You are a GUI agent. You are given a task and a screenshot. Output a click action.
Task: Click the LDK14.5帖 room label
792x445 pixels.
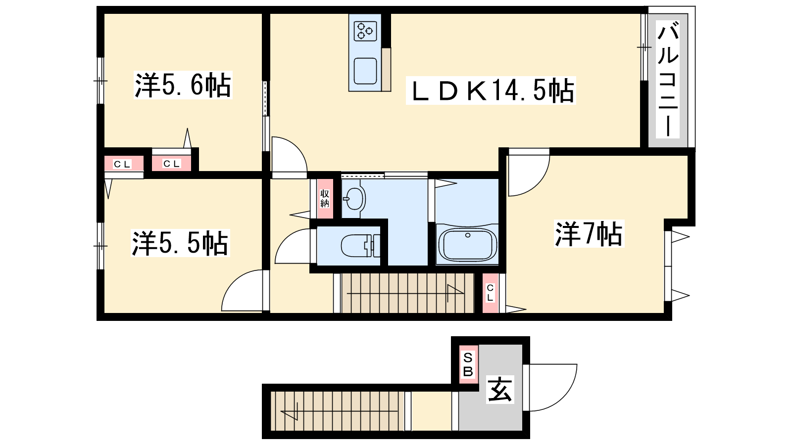[491, 90]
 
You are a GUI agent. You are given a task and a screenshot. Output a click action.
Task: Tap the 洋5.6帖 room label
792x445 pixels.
[183, 85]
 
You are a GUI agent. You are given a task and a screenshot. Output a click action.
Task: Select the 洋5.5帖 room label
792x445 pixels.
[180, 243]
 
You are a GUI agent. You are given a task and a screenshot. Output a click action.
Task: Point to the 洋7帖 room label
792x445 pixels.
[589, 233]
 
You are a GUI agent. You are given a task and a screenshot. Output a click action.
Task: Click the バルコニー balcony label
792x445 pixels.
[668, 79]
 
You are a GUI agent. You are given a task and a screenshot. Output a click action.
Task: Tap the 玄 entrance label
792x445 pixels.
[500, 390]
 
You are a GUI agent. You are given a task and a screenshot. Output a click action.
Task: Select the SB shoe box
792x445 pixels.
[468, 364]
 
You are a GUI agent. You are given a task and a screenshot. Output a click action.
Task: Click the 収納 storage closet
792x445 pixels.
[325, 199]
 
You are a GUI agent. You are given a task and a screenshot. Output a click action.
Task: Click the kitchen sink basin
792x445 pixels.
[365, 71]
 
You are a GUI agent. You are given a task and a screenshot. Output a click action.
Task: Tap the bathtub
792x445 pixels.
[467, 244]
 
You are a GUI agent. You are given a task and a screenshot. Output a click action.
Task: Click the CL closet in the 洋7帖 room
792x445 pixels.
[490, 293]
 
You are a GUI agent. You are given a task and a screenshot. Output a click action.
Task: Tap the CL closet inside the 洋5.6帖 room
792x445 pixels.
[171, 164]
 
